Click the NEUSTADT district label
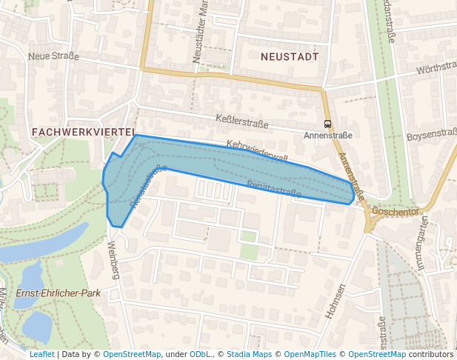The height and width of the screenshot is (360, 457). pyautogui.click(x=290, y=56)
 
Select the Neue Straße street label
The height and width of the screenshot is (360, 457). pyautogui.click(x=53, y=56)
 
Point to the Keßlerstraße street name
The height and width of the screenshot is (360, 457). pyautogui.click(x=241, y=121)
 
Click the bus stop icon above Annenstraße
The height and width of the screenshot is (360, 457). pyautogui.click(x=327, y=124)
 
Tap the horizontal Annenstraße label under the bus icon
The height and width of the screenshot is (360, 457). pyautogui.click(x=327, y=136)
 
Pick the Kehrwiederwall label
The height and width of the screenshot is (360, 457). pyautogui.click(x=256, y=150)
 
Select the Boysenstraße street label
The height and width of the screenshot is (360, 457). pyautogui.click(x=431, y=135)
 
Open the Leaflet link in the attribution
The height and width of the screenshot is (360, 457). pyautogui.click(x=41, y=354)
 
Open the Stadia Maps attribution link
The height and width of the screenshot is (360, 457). pyautogui.click(x=248, y=354)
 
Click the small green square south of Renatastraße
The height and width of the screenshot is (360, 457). pyautogui.click(x=248, y=236)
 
